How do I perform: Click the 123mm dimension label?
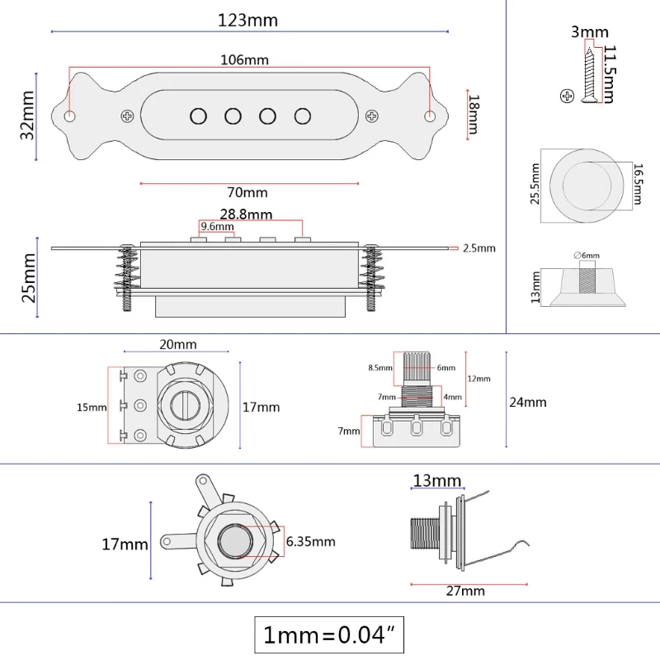247,20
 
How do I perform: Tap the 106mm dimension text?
244,59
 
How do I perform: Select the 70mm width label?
247,192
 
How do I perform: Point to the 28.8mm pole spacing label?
246,214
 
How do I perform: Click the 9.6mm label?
217,226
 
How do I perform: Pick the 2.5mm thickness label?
479,248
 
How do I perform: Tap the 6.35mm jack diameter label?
311,541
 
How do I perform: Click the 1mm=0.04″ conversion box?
329,634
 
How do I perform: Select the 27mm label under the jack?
465,591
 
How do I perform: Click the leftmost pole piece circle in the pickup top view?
198,116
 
